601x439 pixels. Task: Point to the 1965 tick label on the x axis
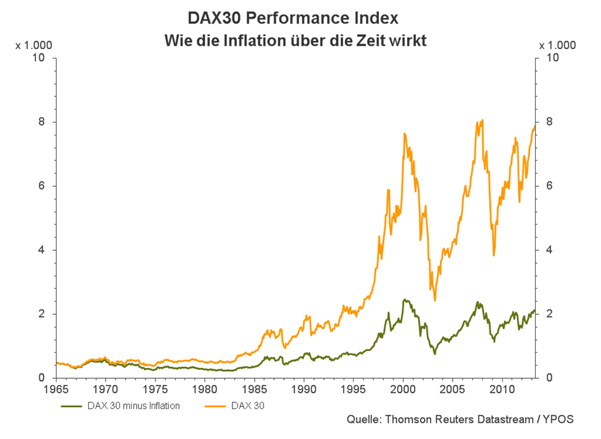56,389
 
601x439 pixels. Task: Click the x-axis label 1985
254,389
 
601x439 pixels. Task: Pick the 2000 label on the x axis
403,389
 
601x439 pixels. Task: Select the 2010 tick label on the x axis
502,389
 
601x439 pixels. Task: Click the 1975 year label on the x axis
155,389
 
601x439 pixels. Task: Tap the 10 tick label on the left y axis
39,58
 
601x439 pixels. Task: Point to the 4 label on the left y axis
42,250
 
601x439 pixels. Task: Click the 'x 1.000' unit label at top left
32,45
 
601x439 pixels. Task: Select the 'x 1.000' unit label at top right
557,45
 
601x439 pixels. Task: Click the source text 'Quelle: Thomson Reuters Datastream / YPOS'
460,419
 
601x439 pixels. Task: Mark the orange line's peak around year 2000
405,133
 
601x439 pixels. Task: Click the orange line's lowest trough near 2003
435,300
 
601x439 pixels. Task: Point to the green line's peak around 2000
405,300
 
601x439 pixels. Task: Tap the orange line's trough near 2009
494,255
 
